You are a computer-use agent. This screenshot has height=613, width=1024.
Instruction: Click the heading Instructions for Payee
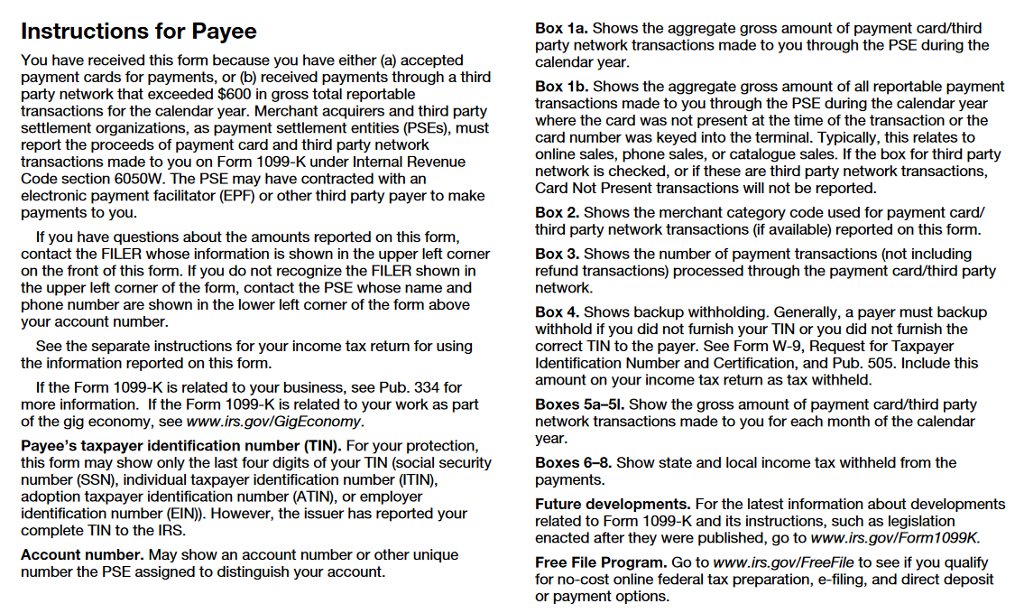click(x=138, y=32)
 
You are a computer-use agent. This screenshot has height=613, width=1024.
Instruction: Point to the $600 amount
click(x=237, y=94)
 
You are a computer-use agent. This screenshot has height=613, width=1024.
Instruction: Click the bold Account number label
click(x=82, y=555)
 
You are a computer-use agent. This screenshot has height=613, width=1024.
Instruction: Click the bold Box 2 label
click(x=557, y=213)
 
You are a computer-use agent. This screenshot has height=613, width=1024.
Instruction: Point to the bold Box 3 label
click(x=557, y=255)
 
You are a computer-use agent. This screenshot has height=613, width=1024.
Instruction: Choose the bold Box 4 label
click(x=557, y=312)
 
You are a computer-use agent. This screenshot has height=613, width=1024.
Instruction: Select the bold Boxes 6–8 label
click(x=573, y=463)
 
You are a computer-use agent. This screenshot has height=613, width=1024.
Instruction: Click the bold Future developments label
click(x=612, y=505)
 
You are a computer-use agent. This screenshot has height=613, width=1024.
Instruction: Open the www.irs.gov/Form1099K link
click(x=894, y=538)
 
